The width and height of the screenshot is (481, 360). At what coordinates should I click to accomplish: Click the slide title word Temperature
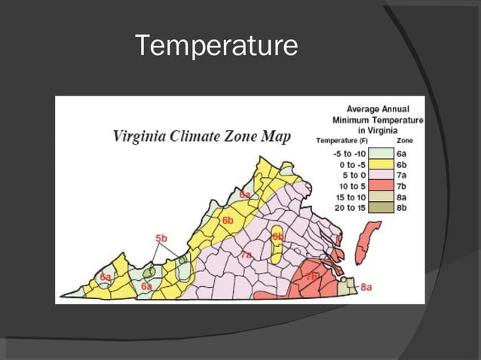click(x=216, y=46)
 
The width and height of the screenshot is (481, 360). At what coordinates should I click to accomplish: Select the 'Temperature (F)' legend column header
click(x=342, y=140)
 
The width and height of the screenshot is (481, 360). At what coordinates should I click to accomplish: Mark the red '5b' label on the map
click(x=161, y=238)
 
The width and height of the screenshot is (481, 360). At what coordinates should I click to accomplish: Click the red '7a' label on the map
click(x=246, y=256)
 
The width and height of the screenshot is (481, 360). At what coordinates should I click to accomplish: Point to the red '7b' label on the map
click(x=311, y=277)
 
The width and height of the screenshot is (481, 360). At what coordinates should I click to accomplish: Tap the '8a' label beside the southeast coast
click(x=366, y=287)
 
